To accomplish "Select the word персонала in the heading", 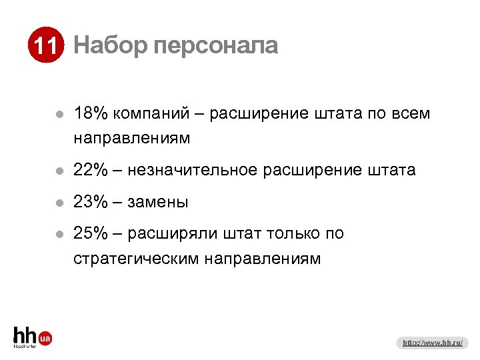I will tap(215, 45).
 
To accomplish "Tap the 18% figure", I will tap(91, 114).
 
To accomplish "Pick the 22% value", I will tap(91, 171).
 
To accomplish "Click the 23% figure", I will tap(91, 202).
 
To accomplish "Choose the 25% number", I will tap(91, 234).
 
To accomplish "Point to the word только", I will tap(293, 234).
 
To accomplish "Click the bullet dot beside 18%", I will tap(59, 115).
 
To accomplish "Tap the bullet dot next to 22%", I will tap(59, 171).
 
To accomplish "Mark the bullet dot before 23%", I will tap(59, 203).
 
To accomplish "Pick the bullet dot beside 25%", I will tap(59, 235).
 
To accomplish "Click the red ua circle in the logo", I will tap(45, 339).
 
